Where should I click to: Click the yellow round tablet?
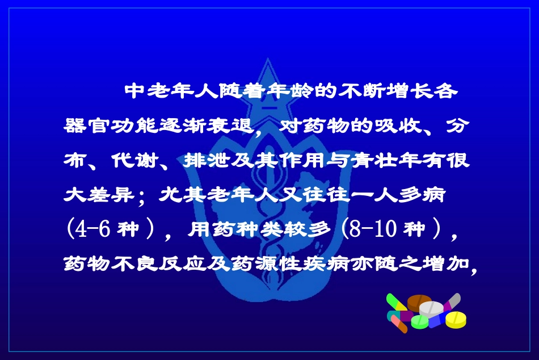tap(456, 319)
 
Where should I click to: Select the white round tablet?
tap(432, 308)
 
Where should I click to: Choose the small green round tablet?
tap(419, 322)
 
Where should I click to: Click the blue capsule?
tap(437, 321)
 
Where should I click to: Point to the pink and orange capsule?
tap(399, 323)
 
